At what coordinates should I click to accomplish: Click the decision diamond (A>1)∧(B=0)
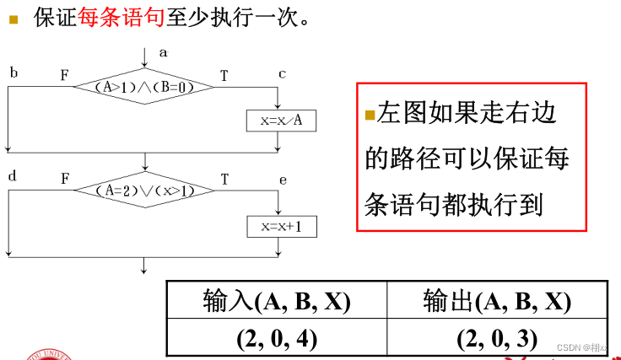[145, 86]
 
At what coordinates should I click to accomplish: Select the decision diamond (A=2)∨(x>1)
[145, 191]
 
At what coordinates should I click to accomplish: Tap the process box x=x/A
[282, 121]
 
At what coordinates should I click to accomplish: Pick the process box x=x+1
[282, 226]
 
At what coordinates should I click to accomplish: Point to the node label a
[163, 52]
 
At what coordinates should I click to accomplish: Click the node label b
[13, 73]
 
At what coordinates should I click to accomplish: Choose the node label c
[282, 73]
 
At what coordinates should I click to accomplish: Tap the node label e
[282, 179]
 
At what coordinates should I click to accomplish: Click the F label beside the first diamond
[64, 76]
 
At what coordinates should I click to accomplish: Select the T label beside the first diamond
[224, 76]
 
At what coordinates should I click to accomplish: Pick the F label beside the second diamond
[64, 180]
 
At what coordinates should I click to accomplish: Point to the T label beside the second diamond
[224, 180]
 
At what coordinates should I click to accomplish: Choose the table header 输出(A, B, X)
[497, 301]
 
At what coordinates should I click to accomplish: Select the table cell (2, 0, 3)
[497, 338]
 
